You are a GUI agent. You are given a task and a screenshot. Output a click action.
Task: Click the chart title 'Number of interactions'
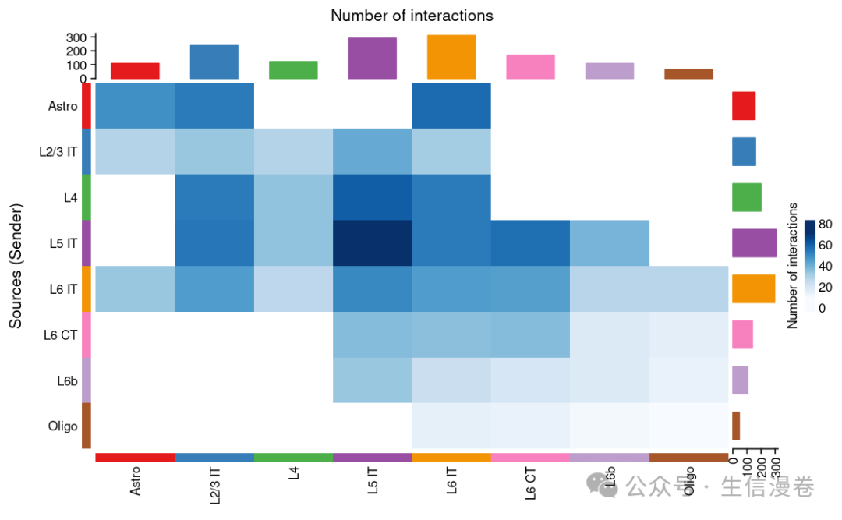click(412, 16)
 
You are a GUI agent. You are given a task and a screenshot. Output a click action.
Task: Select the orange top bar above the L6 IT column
click(451, 57)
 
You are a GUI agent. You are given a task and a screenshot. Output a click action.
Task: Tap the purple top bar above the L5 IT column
click(372, 58)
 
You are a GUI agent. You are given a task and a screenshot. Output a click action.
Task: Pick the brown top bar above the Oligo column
click(688, 74)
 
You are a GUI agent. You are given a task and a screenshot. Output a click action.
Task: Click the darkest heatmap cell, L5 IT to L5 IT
click(372, 242)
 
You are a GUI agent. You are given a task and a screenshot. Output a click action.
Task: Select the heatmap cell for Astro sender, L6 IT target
click(451, 105)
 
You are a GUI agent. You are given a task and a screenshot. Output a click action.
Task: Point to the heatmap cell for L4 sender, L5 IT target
click(372, 196)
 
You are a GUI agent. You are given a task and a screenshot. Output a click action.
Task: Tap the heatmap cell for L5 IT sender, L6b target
click(610, 242)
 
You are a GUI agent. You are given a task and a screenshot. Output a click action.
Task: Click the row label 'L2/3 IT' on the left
click(58, 152)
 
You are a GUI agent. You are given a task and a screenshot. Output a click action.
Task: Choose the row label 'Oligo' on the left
click(62, 426)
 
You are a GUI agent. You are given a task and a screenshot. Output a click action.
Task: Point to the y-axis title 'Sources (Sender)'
click(16, 265)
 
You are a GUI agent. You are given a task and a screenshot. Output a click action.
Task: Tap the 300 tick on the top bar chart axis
click(76, 37)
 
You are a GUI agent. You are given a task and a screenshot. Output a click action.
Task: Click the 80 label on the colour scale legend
click(826, 224)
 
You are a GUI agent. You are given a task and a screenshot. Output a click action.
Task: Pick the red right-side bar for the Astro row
click(744, 106)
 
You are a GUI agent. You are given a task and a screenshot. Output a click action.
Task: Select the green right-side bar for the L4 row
click(747, 197)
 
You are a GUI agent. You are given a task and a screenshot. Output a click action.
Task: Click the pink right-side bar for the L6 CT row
click(742, 334)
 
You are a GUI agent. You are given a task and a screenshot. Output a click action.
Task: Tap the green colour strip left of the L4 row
click(87, 196)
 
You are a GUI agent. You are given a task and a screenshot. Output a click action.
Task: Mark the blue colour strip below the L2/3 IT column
click(214, 458)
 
